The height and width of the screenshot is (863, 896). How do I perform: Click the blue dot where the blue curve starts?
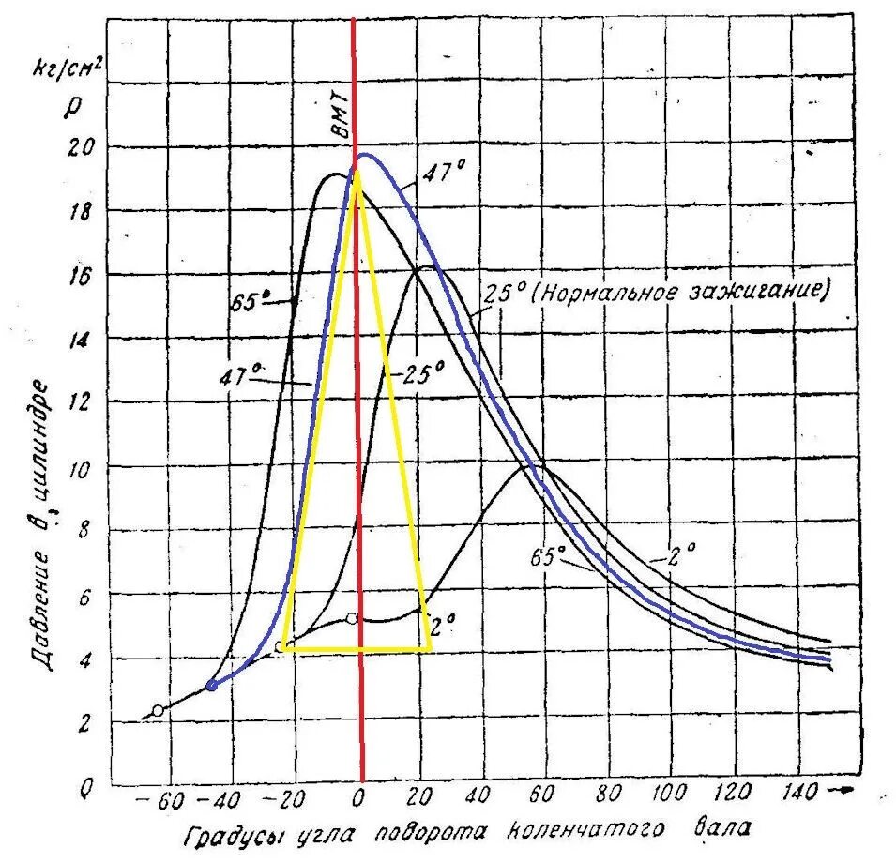click(212, 686)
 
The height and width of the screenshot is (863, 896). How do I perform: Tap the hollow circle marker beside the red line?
click(351, 618)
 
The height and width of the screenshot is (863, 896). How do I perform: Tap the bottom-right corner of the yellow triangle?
click(431, 648)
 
